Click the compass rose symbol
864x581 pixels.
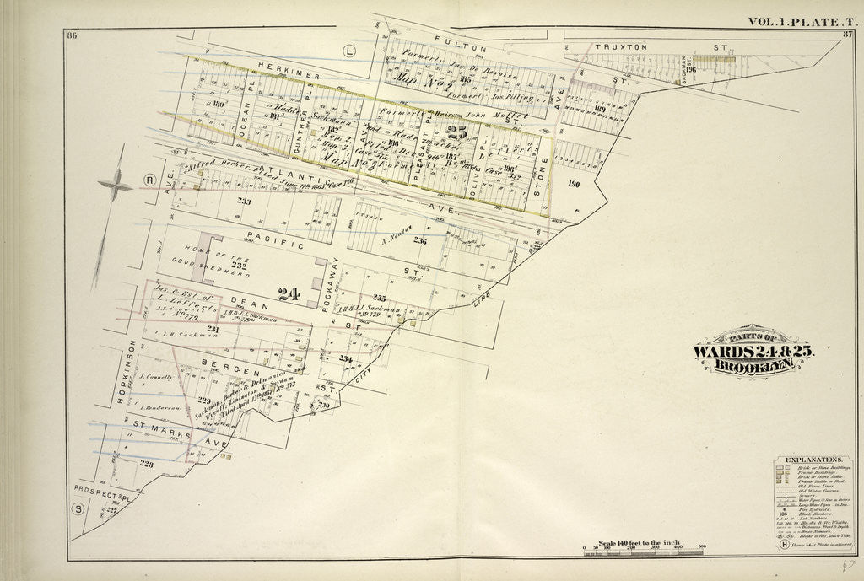point(115,185)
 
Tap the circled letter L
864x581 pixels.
point(348,51)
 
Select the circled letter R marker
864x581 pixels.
point(148,180)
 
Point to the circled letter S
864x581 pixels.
point(78,508)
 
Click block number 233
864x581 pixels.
point(244,202)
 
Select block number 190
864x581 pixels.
point(575,183)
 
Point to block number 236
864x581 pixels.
point(420,241)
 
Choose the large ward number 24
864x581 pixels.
point(289,294)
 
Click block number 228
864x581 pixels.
point(147,463)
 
